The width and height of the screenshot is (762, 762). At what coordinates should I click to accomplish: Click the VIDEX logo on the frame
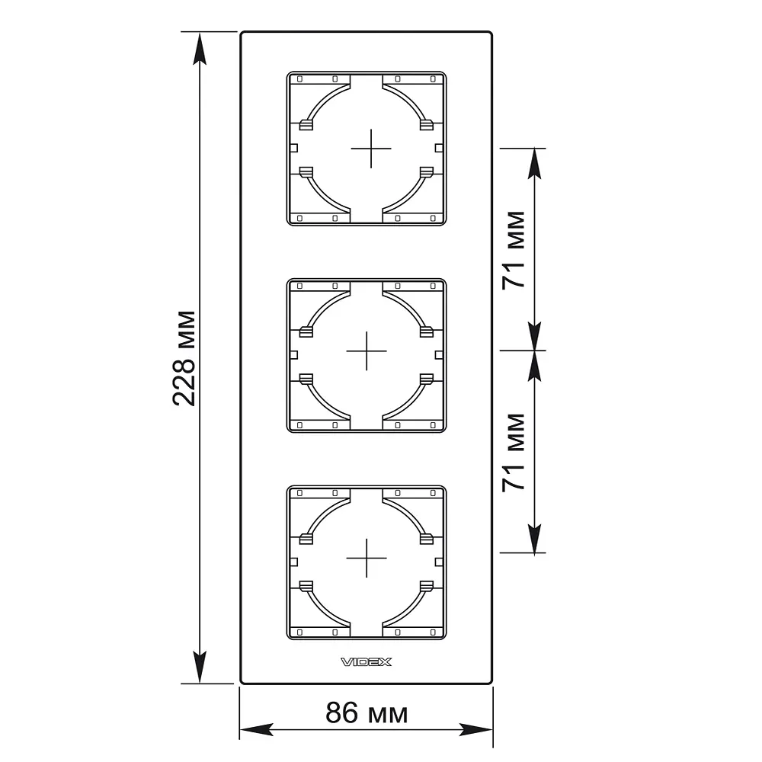366,662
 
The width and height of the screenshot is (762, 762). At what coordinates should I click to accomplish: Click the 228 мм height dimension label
184,358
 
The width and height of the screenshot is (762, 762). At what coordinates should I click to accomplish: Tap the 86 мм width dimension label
367,713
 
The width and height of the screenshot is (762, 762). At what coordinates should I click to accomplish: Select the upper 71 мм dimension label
514,250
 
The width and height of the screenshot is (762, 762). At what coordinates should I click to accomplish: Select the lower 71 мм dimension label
514,453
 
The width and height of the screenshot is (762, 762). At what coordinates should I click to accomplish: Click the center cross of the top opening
371,149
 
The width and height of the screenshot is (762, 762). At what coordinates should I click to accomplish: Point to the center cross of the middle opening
367,351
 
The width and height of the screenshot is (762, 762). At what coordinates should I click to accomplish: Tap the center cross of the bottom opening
367,558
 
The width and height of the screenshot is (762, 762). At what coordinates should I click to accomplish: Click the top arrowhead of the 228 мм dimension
200,48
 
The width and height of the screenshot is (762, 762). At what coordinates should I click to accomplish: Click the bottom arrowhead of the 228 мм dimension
200,668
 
